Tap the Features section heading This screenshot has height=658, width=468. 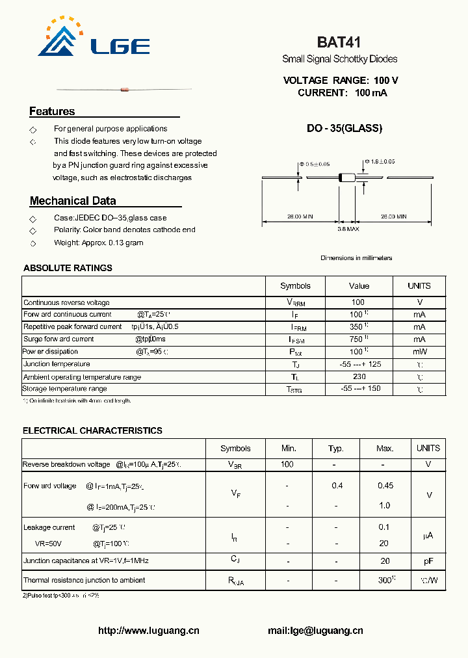coord(52,112)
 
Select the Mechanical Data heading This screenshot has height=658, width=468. coord(73,201)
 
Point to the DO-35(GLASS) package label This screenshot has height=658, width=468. coord(344,128)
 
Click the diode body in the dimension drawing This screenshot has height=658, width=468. coord(348,177)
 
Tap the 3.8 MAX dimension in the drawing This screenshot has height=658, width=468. coord(348,229)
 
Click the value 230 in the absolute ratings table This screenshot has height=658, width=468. coord(359,376)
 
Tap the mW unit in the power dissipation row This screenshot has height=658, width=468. coord(419,352)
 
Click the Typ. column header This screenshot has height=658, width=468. coord(336,449)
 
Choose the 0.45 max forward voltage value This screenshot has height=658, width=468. coord(385,486)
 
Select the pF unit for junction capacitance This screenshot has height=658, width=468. coord(428,560)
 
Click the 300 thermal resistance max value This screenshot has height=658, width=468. coord(385,579)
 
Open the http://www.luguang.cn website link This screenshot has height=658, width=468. coord(149,630)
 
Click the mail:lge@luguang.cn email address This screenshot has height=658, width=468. coord(315,630)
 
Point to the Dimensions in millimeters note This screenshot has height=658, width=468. coord(356,258)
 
